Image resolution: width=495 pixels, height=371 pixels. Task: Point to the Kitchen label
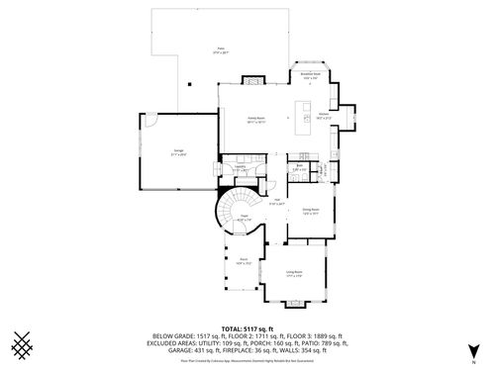point(324,115)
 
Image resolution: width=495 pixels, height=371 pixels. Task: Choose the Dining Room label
point(310,210)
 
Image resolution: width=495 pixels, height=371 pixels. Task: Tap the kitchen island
point(305,114)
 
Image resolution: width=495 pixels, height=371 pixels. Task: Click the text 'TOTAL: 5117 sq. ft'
point(247,328)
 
